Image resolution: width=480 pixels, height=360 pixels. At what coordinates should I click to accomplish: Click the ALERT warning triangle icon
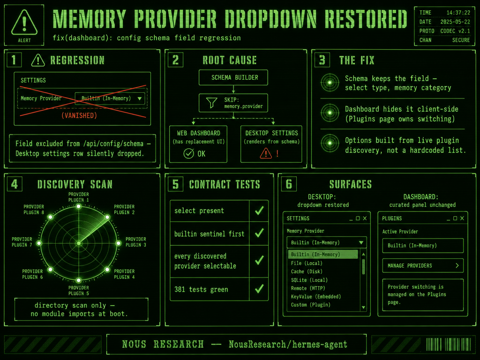(x=24, y=22)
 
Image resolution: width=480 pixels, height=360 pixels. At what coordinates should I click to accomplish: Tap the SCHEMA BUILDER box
(x=233, y=77)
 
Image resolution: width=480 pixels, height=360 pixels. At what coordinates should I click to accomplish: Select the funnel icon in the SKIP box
(x=211, y=103)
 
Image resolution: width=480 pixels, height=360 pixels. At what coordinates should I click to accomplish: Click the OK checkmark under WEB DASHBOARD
(x=188, y=153)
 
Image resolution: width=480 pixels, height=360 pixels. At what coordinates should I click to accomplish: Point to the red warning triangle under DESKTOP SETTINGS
(x=266, y=153)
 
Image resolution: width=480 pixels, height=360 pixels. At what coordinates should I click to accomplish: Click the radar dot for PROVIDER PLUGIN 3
(x=118, y=243)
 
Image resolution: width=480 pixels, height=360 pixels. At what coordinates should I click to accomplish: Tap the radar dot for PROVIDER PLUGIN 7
(x=39, y=243)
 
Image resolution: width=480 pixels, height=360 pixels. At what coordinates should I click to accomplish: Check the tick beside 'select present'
(x=259, y=210)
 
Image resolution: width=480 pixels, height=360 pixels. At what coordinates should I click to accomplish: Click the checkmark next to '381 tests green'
(x=259, y=289)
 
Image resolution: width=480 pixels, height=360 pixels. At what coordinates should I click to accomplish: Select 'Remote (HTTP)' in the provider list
(x=308, y=288)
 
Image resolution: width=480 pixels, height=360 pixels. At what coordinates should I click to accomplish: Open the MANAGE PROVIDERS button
(x=423, y=265)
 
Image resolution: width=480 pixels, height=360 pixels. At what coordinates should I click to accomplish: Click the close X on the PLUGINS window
(x=462, y=218)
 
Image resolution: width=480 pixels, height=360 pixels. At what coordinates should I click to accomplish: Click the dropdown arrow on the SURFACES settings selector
(x=361, y=242)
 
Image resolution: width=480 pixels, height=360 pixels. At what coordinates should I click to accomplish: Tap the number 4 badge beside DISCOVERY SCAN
(x=15, y=184)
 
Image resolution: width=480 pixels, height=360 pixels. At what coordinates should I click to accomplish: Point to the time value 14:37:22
(x=458, y=13)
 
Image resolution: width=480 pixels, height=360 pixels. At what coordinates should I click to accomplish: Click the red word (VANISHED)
(x=79, y=115)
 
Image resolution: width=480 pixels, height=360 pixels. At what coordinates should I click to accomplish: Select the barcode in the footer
(x=448, y=344)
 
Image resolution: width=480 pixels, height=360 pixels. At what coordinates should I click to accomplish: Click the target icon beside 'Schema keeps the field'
(x=330, y=82)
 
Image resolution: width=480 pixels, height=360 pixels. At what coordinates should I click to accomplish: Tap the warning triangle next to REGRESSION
(x=38, y=60)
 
